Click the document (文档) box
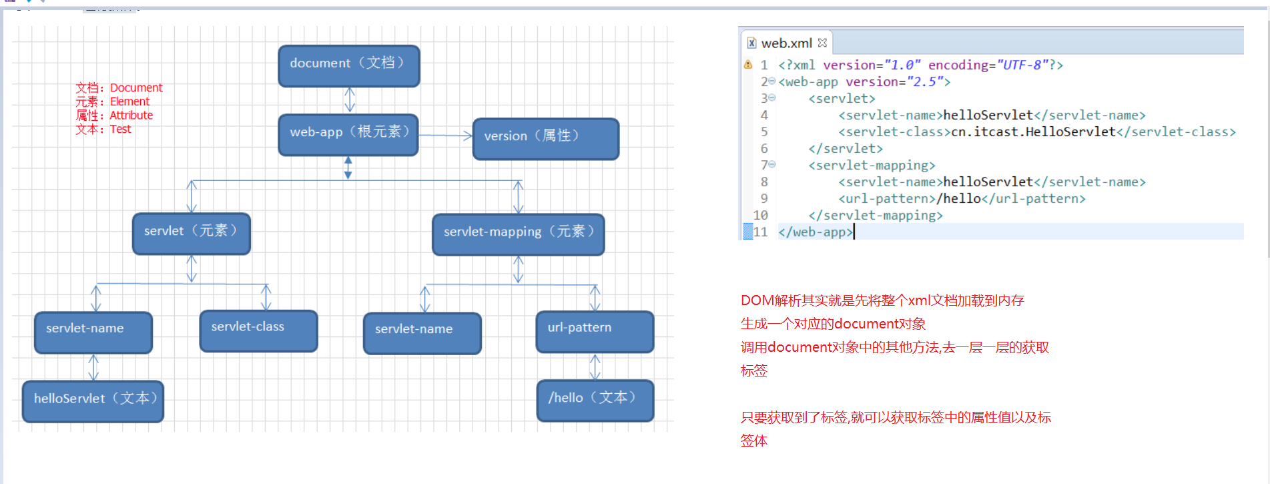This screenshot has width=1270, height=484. click(348, 65)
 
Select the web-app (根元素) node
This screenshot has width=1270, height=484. click(348, 134)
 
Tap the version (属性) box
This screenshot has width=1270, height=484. click(545, 138)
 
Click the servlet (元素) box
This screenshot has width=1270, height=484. click(191, 233)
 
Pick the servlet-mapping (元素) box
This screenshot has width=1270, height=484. click(518, 234)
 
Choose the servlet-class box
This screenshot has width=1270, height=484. click(258, 330)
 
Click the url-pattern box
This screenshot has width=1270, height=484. click(594, 330)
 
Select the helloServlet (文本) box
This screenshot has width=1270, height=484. click(93, 401)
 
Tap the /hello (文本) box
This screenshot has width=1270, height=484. click(595, 400)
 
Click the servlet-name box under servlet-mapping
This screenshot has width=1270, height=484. click(422, 332)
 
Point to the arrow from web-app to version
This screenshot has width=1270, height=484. click(445, 136)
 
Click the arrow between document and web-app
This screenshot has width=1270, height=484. click(349, 100)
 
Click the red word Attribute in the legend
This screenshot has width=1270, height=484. click(131, 115)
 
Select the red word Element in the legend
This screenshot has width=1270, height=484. click(129, 101)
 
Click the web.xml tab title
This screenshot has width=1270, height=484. click(786, 43)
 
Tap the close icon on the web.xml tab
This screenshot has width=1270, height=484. click(822, 43)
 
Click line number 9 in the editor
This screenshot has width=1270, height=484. click(764, 199)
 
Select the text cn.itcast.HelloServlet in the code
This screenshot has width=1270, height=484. click(1033, 132)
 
